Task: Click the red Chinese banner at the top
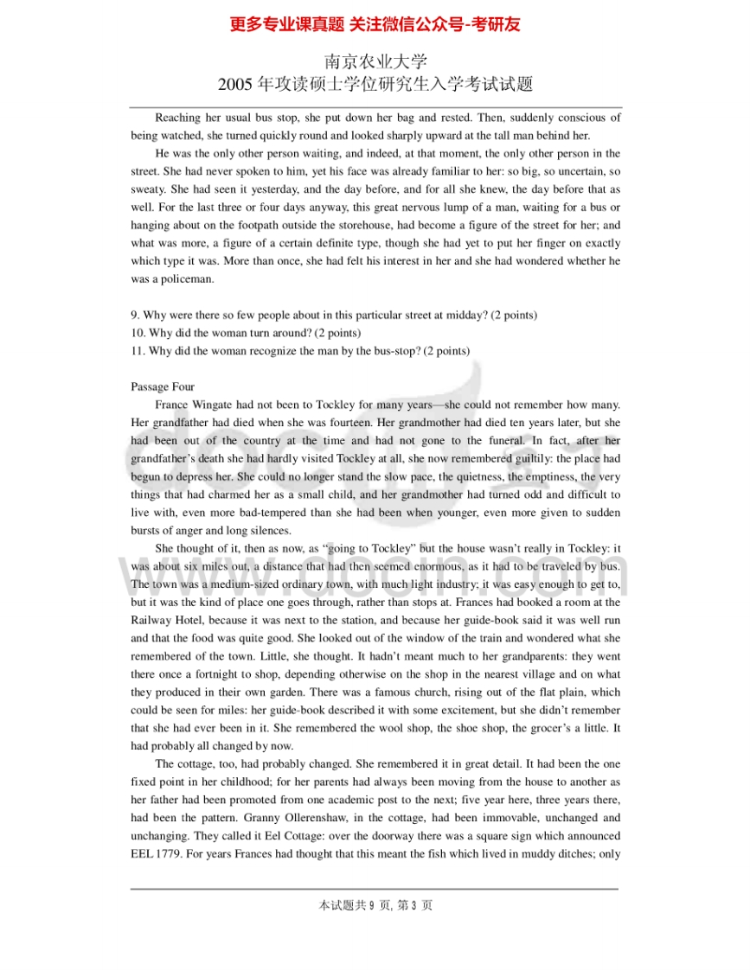(x=375, y=24)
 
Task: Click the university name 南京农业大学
(x=375, y=62)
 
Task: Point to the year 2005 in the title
(x=234, y=85)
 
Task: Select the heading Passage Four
(x=163, y=386)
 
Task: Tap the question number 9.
(x=134, y=316)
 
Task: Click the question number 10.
(x=137, y=333)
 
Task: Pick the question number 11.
(x=137, y=351)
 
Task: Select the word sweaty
(x=150, y=189)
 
